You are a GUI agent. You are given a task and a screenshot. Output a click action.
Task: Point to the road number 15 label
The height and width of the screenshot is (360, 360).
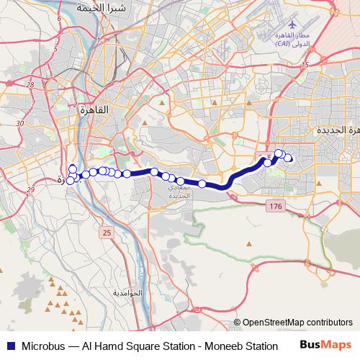point(305,66)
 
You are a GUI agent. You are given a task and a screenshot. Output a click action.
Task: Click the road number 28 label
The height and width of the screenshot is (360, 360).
point(30,85)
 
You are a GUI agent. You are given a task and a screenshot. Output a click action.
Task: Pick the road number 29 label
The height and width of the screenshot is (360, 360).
point(30,190)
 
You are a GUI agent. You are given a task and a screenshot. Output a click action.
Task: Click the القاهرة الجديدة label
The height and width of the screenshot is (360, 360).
point(336,130)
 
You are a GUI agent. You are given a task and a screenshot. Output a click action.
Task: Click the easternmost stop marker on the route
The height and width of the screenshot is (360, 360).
point(289,158)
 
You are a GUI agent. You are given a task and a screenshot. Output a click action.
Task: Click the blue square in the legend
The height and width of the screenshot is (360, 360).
point(10,346)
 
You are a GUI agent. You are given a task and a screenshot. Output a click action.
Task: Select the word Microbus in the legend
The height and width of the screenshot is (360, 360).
point(42,346)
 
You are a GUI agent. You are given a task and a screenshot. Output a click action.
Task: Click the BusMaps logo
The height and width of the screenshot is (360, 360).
point(325,345)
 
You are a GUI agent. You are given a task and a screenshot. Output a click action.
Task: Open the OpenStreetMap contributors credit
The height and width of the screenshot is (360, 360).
point(297,323)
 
